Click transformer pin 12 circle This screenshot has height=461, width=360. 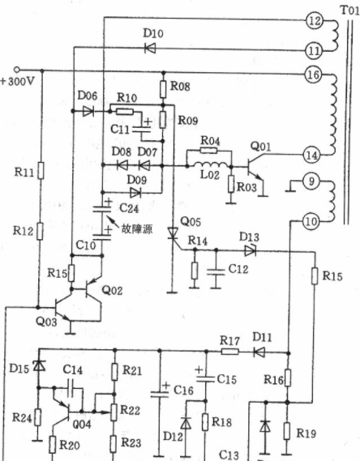[315, 21]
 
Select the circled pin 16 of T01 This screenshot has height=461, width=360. [313, 75]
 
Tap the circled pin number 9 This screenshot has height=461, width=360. [311, 181]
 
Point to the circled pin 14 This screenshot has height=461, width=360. [311, 155]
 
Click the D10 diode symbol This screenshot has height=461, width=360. [150, 49]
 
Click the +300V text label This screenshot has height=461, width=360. [18, 81]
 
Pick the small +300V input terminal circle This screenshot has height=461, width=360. [17, 70]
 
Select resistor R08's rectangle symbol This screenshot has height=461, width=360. [163, 89]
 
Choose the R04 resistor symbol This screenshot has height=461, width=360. [209, 151]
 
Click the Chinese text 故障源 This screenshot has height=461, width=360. [137, 228]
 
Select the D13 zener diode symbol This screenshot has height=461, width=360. [251, 251]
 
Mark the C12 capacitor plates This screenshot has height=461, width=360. [216, 272]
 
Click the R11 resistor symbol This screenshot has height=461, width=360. [41, 170]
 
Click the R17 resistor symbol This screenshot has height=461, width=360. [229, 351]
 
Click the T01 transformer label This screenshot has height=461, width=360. [349, 11]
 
